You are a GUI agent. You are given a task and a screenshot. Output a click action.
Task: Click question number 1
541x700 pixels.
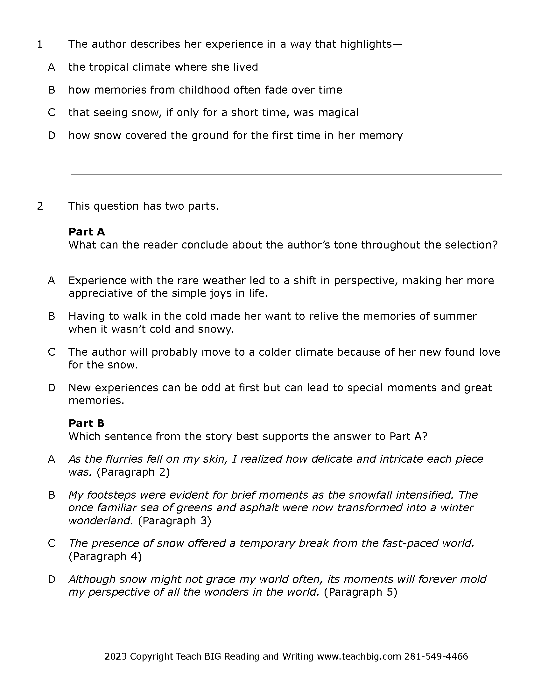click(40, 44)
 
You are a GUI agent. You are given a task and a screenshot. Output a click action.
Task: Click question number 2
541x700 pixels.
click(40, 206)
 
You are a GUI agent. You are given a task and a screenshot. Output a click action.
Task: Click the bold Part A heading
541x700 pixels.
click(87, 232)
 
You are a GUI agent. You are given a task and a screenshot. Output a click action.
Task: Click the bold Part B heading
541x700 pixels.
click(86, 423)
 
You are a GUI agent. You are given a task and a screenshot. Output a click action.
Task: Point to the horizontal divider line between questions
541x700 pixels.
click(286, 175)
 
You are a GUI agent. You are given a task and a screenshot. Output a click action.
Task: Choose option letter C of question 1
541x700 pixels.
click(51, 113)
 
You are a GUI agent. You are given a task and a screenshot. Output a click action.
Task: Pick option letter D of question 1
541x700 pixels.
click(51, 136)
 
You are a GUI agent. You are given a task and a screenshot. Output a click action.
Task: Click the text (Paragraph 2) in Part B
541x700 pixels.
click(133, 472)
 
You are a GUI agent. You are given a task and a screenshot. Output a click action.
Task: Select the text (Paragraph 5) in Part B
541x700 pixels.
click(361, 592)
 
